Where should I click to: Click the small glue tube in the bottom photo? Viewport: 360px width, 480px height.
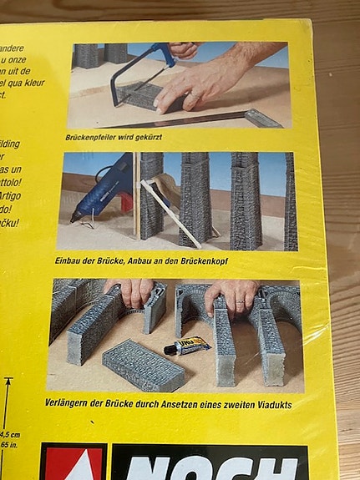[x=186, y=345]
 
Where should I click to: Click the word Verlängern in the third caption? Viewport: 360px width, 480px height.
[x=87, y=404]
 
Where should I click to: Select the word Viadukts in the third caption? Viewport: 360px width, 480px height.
[x=271, y=404]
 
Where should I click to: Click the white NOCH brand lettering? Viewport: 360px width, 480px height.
[x=209, y=465]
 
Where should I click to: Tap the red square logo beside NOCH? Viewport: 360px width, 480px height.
[x=74, y=463]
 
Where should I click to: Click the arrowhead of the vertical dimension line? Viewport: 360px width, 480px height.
[x=8, y=381]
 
